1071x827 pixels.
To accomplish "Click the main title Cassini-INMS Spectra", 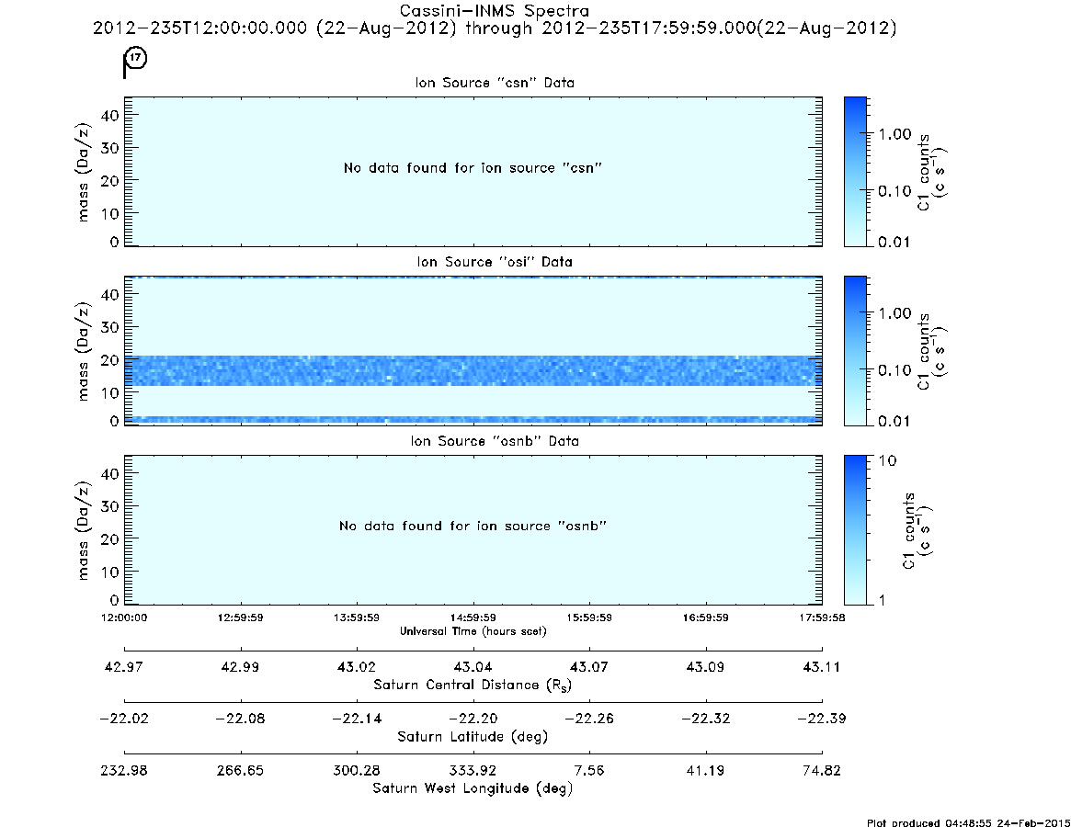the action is pyautogui.click(x=494, y=11).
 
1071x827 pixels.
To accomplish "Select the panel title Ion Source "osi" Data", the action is pyautogui.click(x=495, y=262).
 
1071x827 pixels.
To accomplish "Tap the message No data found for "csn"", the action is pyautogui.click(x=473, y=168).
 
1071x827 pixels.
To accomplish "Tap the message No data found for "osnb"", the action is pyautogui.click(x=473, y=526).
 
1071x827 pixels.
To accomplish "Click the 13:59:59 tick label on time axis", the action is pyautogui.click(x=357, y=617).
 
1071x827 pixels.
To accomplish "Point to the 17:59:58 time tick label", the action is pyautogui.click(x=822, y=617).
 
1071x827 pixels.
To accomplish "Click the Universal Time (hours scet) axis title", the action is pyautogui.click(x=473, y=631).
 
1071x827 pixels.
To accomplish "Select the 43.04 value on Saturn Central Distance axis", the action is pyautogui.click(x=473, y=666).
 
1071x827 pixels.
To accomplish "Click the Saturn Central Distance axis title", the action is pyautogui.click(x=473, y=685).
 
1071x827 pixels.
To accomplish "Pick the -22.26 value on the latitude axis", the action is pyautogui.click(x=588, y=719).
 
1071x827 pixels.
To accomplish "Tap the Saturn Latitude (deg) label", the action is pyautogui.click(x=473, y=737).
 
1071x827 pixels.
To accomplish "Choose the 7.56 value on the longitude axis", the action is pyautogui.click(x=588, y=770).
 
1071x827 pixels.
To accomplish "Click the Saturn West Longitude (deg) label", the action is pyautogui.click(x=473, y=788).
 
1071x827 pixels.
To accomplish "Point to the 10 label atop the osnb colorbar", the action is pyautogui.click(x=887, y=460).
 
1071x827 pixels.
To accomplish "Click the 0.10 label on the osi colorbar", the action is pyautogui.click(x=894, y=370).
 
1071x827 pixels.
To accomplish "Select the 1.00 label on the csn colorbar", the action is pyautogui.click(x=894, y=134).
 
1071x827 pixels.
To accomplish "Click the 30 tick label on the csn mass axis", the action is pyautogui.click(x=109, y=148).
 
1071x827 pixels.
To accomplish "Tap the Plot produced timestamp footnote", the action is pyautogui.click(x=969, y=822).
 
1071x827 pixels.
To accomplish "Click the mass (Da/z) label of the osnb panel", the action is pyautogui.click(x=83, y=531).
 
